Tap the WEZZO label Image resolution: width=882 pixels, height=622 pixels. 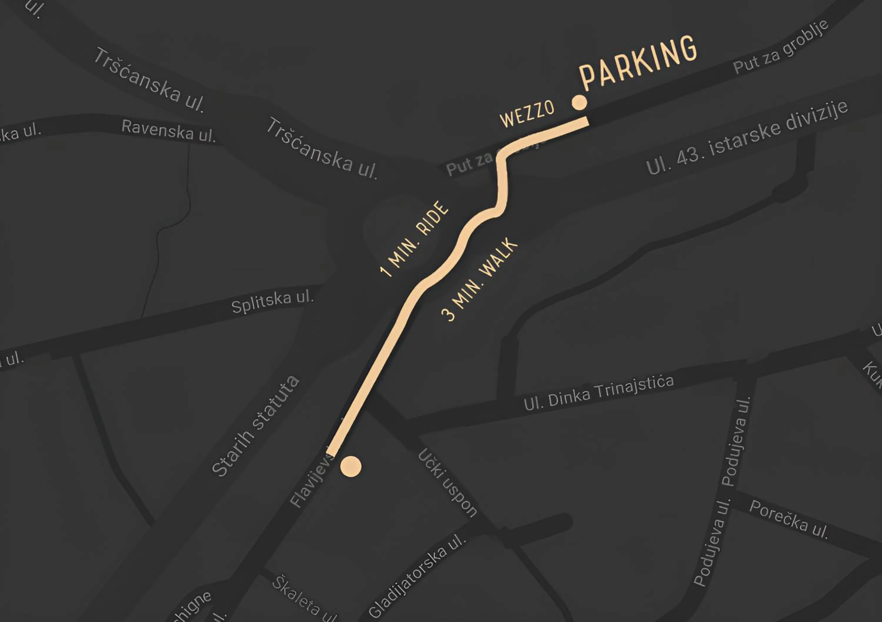tap(527, 114)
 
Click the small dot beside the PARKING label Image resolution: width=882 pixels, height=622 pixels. tap(579, 103)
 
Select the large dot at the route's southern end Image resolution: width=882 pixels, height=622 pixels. tap(351, 467)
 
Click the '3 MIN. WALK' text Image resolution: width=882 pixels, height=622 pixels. tap(480, 280)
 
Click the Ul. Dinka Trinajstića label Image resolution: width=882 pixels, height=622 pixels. tap(599, 393)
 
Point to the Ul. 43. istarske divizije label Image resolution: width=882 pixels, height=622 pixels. tap(747, 138)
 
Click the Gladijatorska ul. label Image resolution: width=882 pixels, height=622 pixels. tap(417, 576)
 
